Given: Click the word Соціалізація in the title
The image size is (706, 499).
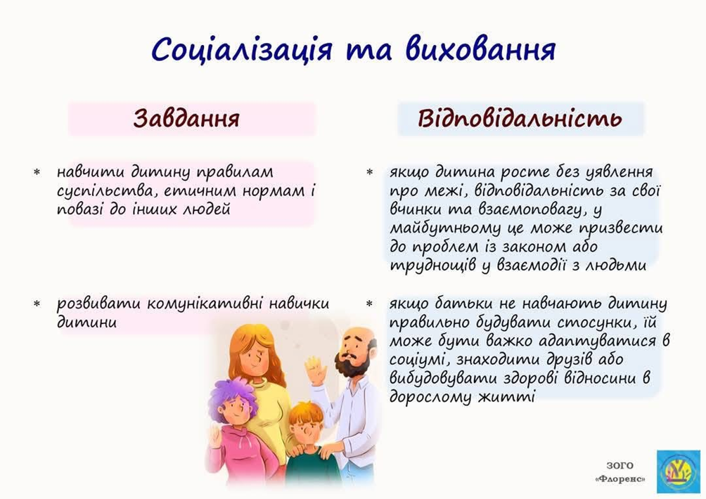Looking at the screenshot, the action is pyautogui.click(x=242, y=49).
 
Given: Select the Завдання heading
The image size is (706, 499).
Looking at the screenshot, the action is pyautogui.click(x=186, y=118).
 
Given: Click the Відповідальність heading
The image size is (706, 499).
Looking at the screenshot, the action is pyautogui.click(x=520, y=118).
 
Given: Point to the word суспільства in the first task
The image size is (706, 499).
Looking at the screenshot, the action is pyautogui.click(x=107, y=191).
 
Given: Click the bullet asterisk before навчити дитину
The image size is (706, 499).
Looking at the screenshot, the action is pyautogui.click(x=37, y=172).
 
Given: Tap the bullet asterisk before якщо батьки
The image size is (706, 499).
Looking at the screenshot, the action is pyautogui.click(x=370, y=304).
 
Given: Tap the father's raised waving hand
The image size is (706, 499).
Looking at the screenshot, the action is pyautogui.click(x=315, y=370).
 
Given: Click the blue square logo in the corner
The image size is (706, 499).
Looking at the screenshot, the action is pyautogui.click(x=678, y=471).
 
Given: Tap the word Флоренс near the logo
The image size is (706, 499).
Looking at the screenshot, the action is pyautogui.click(x=620, y=479).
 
